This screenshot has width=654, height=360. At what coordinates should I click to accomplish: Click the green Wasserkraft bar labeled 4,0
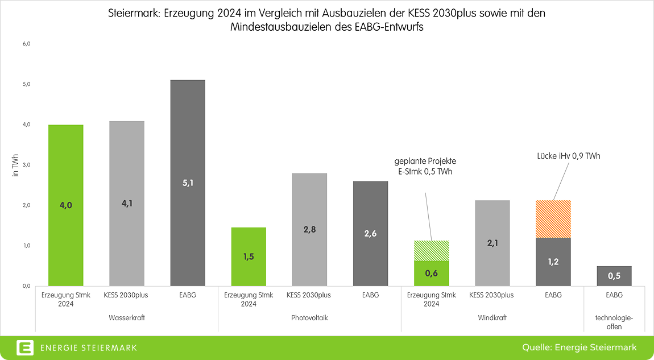click(x=66, y=205)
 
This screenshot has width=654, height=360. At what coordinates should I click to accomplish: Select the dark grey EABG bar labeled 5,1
click(x=188, y=183)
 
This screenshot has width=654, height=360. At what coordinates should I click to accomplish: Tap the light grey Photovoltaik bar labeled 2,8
click(x=309, y=229)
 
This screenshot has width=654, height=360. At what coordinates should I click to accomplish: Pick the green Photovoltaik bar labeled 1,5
click(x=249, y=256)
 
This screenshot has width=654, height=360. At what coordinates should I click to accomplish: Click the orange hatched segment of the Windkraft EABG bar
click(x=553, y=219)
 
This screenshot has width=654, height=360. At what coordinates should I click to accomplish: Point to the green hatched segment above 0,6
click(x=432, y=250)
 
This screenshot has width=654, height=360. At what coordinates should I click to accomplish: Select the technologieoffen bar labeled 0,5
click(x=614, y=276)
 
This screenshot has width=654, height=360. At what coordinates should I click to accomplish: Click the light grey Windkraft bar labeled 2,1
click(x=492, y=243)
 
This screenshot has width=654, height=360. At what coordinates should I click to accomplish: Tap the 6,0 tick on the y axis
click(x=26, y=44)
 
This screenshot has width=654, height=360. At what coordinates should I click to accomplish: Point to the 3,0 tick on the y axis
click(x=26, y=165)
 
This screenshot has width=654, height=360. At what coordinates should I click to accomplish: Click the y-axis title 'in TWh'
click(x=16, y=165)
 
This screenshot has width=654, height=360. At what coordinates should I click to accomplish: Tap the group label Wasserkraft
click(x=126, y=318)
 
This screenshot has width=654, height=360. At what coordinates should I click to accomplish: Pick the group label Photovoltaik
click(x=309, y=318)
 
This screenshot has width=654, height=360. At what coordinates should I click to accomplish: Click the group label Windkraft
click(x=492, y=318)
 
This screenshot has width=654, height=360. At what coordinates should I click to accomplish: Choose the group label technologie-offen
click(x=614, y=322)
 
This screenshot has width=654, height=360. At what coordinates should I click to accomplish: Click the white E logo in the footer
click(x=25, y=347)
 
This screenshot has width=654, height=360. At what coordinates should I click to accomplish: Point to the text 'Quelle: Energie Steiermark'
click(x=580, y=347)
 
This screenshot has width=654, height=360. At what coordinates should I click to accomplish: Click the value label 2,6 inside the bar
click(x=370, y=233)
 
